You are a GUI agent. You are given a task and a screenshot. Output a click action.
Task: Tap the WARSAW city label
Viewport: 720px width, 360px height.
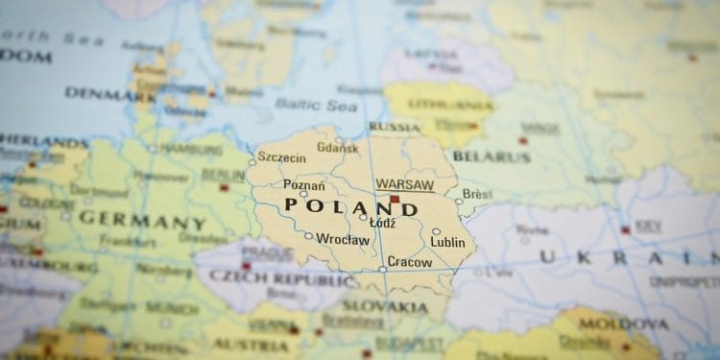point(404,184)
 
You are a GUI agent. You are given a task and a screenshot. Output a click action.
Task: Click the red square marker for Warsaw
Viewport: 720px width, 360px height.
point(394,199)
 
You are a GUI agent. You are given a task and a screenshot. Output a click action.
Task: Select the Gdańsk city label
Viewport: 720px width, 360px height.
point(337,148)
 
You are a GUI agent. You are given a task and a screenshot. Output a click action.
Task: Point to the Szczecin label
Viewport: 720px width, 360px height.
point(281,157)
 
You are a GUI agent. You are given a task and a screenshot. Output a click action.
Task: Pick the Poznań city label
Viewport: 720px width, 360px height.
point(303,184)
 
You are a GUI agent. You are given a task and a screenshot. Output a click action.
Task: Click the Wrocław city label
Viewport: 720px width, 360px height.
point(343,239)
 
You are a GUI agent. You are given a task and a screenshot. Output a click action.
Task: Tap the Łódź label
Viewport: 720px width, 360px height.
point(383,223)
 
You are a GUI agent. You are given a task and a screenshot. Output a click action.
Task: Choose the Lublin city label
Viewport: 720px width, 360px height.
point(447,242)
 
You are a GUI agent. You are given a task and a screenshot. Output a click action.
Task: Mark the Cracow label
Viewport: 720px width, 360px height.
point(410,262)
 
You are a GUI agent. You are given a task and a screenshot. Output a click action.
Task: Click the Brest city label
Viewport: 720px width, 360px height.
point(477,194)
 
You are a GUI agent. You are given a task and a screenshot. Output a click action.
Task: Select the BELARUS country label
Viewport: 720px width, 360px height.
point(492,156)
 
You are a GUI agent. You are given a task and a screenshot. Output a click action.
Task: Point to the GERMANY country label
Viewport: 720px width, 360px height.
point(141,219)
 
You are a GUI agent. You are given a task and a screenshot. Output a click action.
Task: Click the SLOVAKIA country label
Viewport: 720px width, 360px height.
point(385,307)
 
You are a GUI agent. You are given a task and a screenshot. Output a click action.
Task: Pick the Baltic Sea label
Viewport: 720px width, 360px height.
point(316,104)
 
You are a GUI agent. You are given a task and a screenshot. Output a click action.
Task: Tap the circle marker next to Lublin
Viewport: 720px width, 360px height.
point(436,231)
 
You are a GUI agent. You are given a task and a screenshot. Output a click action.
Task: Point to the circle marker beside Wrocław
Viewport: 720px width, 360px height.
point(308,235)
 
